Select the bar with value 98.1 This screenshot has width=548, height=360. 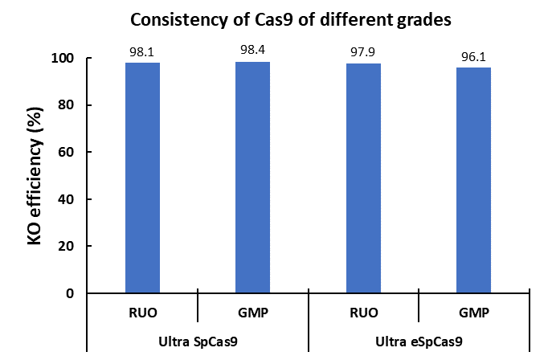(x=142, y=178)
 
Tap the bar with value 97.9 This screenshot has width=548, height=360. (x=363, y=178)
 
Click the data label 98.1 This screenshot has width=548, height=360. (x=142, y=51)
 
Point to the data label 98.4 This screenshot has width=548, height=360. (x=252, y=51)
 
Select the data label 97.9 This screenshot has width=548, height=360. (x=363, y=52)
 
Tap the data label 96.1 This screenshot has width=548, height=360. (x=473, y=56)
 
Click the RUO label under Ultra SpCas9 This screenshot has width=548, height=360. (x=142, y=312)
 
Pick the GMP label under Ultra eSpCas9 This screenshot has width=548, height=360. (x=473, y=312)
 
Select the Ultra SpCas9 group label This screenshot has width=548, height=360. (x=197, y=341)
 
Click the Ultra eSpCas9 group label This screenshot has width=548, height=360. (x=418, y=341)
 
